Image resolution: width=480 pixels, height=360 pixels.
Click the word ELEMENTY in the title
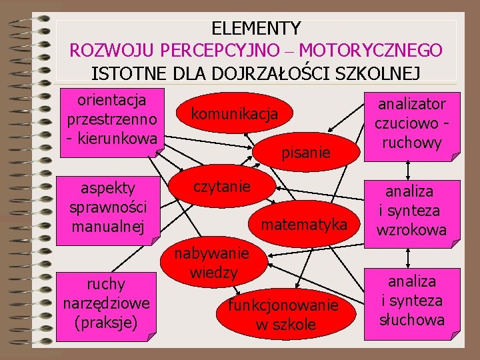tap(256, 29)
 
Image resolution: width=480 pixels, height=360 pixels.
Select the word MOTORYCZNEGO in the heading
tap(371, 50)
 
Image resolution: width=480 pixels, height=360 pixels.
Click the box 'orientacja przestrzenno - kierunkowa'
tap(112, 120)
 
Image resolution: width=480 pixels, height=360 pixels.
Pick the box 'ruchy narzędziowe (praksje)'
tap(106, 303)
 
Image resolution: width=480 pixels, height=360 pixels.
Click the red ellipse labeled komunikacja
tap(234, 114)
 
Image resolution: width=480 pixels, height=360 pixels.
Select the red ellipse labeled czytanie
tap(222, 187)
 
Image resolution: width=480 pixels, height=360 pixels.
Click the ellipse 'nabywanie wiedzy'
tap(211, 263)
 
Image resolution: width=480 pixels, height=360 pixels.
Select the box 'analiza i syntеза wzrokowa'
tap(411, 211)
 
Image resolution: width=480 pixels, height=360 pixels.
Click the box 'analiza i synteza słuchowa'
tap(411, 301)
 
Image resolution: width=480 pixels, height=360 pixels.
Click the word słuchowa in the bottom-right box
tap(412, 320)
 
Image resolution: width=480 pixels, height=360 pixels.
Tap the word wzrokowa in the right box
tap(411, 230)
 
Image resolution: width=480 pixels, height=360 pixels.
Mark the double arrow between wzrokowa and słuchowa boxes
tap(407, 255)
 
